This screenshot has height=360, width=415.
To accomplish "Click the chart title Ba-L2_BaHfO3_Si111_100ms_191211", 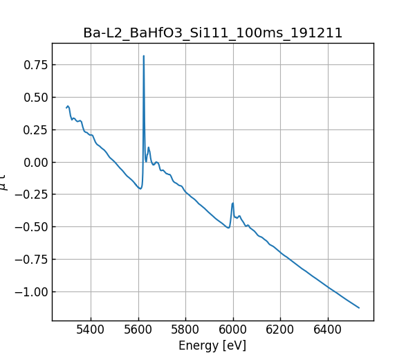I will (x=212, y=33).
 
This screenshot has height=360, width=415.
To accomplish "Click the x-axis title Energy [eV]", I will (x=212, y=345).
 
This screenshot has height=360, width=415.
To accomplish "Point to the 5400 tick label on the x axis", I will (x=91, y=330).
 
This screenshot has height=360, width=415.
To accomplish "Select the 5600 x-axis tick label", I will (x=138, y=330).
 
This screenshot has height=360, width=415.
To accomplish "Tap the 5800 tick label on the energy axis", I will (x=185, y=330).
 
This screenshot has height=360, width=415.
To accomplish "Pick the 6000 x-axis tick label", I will (x=233, y=330).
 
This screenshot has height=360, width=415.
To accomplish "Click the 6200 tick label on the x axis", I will (x=281, y=330).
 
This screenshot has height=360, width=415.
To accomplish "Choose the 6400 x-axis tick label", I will (x=328, y=330).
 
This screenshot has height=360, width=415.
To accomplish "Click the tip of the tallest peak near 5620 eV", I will (x=143, y=56).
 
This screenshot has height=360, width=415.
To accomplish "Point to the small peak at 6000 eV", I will (x=233, y=203).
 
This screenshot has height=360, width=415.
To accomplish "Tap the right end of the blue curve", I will (x=359, y=307).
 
